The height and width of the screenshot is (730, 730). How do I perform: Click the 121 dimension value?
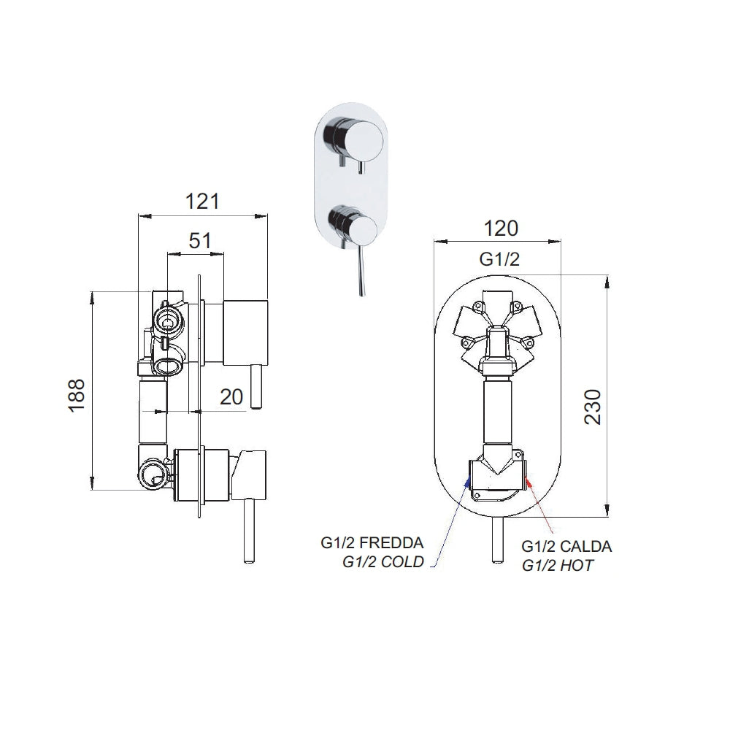pos(202,201)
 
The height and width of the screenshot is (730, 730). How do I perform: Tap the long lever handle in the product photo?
pos(361,274)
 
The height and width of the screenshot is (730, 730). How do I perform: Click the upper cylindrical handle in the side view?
pos(247,332)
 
